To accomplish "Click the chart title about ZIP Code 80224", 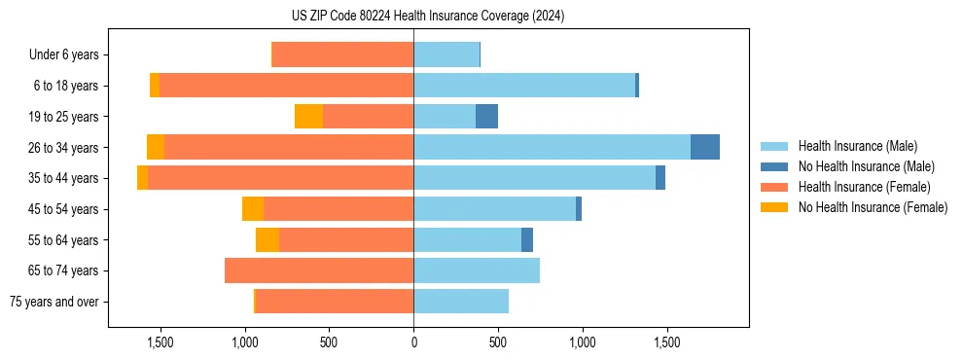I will [428, 17].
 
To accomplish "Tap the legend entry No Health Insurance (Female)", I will [873, 207].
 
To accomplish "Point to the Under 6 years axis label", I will [64, 54].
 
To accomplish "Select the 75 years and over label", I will [54, 302].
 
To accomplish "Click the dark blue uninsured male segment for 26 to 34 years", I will [705, 147].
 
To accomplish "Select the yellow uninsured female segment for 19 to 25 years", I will [308, 117].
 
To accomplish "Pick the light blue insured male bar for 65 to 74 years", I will [477, 270].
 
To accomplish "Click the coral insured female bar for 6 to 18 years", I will [286, 86].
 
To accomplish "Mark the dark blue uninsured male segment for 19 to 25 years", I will [486, 117].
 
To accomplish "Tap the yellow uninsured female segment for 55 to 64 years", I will [267, 239].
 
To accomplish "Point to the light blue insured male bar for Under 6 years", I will [446, 54].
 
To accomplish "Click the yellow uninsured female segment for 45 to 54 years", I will [253, 209].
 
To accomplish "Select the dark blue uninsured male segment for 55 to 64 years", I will [527, 239].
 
